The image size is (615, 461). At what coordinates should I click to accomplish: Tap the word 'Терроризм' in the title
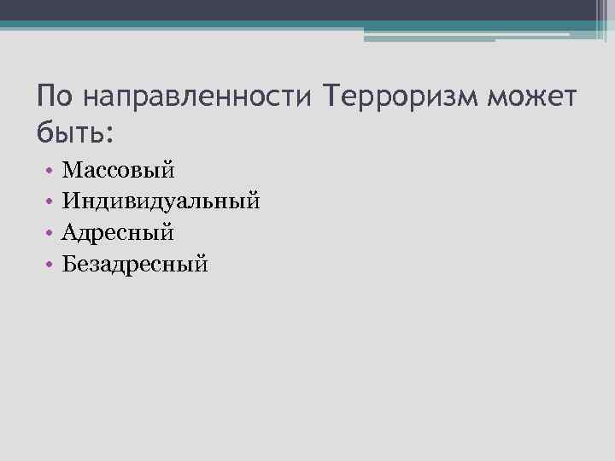coord(401,99)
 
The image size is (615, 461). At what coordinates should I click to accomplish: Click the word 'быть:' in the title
coord(75,132)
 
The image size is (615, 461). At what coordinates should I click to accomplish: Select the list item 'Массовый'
coord(119,171)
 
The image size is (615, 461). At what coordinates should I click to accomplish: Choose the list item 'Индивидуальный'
coord(161,201)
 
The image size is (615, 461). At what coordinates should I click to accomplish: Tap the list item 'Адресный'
coord(119,233)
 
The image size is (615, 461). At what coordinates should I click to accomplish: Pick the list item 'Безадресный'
coord(135,265)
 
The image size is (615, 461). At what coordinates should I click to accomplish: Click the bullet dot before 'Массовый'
coord(52,171)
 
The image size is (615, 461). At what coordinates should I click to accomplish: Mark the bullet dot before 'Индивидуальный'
coord(52,202)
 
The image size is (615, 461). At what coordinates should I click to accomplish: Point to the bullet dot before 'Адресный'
coord(52,233)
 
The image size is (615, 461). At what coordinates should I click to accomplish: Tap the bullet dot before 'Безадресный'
coord(52,265)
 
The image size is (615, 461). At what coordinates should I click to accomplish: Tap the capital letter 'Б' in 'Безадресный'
coord(70,264)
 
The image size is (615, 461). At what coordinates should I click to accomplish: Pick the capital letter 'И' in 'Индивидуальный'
coord(72,201)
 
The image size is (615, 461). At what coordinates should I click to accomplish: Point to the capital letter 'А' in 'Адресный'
coord(71,232)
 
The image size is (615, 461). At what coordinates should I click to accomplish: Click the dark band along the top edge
coord(307,9)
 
